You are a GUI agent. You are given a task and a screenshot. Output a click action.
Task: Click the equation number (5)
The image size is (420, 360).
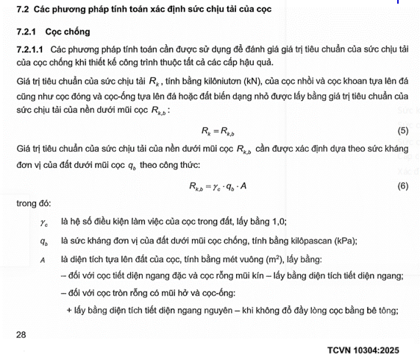402,130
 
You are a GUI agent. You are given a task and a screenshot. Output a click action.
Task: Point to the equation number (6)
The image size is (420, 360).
402,186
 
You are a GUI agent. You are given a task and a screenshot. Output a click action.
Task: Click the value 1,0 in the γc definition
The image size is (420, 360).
277,222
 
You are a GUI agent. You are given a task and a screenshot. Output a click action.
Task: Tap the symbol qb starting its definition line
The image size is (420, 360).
44,241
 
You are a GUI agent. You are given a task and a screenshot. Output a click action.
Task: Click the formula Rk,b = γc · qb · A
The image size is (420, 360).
218,187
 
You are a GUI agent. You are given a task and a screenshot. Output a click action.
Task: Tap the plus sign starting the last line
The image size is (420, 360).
68,311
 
